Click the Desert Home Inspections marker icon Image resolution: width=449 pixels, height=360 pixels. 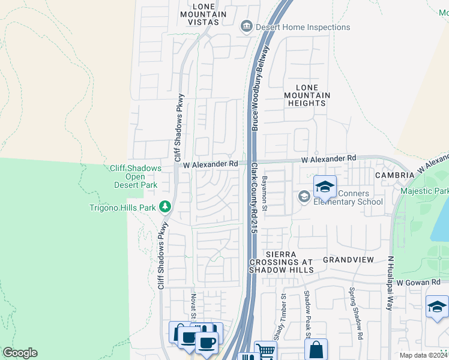(246, 26)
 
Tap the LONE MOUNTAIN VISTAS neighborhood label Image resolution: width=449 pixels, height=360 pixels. (202, 14)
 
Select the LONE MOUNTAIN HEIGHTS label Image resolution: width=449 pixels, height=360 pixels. (307, 95)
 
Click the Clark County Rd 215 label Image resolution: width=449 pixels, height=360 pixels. (254, 198)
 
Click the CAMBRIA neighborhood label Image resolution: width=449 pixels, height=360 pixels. (394, 175)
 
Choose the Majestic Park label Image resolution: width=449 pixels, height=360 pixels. (433, 191)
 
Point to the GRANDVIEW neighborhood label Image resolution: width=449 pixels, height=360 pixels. (348, 260)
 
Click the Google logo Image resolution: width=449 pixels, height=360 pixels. (20, 353)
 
